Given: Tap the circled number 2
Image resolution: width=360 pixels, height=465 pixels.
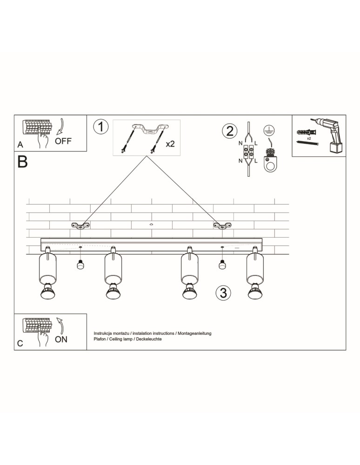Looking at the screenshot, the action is coord(230,131).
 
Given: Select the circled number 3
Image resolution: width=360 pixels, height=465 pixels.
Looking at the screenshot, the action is coord(223,292).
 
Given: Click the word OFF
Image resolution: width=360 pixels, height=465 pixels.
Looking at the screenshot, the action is coord(63,141).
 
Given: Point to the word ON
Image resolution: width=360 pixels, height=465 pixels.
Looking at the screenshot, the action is coord(61,339).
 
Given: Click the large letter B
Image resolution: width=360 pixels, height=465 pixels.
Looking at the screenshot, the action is coord(22,162).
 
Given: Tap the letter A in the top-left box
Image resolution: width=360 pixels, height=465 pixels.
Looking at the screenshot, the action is coord(20,145).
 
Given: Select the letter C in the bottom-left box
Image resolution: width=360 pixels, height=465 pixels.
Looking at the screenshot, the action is coord(20,343).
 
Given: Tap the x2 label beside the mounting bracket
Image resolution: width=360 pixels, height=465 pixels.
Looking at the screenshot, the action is coord(170,144).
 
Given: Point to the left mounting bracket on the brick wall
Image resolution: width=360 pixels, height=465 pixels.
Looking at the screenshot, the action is coord(80,226).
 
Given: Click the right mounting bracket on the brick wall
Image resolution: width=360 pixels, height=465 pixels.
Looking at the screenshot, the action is coord(222,226).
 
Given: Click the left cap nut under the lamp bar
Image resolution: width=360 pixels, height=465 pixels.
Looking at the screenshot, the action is coord(80,264).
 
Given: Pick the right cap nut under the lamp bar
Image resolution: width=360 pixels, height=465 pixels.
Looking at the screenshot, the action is coord(221,264).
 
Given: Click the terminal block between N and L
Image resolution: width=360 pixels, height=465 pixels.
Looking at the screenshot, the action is coord(248,152).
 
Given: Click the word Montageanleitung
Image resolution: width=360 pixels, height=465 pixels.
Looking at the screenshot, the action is coord(194,333).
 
